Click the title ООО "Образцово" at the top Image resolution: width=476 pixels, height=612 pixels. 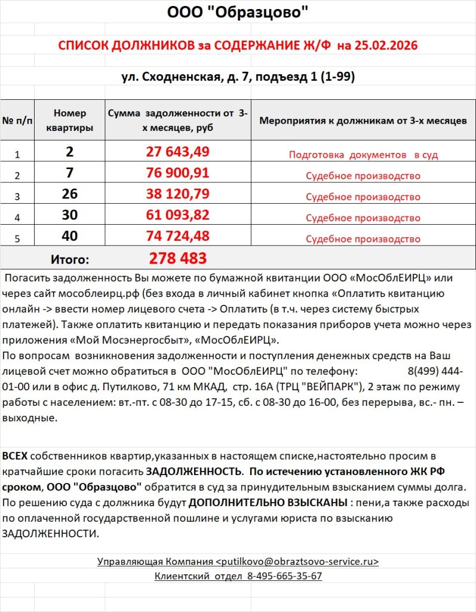[238, 12]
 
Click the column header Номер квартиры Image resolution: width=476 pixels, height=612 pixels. [70, 120]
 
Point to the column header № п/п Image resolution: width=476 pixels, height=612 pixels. [17, 121]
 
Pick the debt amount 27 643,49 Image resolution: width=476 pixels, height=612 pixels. [177, 152]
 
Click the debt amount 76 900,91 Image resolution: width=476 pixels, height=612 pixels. [177, 173]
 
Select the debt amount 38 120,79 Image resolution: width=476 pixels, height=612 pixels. [177, 194]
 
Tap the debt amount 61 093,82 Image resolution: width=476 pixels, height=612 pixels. [177, 215]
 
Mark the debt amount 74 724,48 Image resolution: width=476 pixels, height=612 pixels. [177, 236]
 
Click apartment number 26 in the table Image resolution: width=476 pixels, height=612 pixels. [70, 194]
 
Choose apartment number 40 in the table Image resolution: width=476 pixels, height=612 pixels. [70, 236]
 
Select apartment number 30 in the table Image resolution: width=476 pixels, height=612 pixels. [70, 215]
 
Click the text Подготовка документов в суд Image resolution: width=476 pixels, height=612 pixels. [363, 155]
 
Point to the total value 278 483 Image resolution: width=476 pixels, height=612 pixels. [177, 258]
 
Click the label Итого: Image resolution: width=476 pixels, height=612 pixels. [70, 259]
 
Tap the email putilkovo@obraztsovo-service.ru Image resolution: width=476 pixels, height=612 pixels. [296, 562]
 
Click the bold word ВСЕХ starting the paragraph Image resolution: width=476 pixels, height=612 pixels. [15, 456]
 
